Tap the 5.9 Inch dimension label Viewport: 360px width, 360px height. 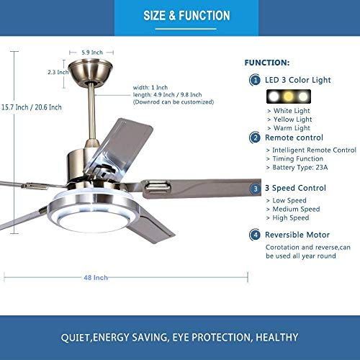coord(91,53)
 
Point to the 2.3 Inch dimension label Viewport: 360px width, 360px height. coord(58,72)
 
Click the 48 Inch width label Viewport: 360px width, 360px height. coord(96,277)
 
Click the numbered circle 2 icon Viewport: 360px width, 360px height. coord(256,137)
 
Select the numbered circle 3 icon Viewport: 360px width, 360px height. coord(256,189)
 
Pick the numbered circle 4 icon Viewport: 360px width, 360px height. coord(256,235)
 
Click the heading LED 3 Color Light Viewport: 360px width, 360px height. coord(298,81)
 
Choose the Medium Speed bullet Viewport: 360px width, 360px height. coord(297,209)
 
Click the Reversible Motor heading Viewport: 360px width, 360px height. coord(297,235)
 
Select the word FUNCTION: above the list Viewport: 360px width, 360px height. coord(267,63)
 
